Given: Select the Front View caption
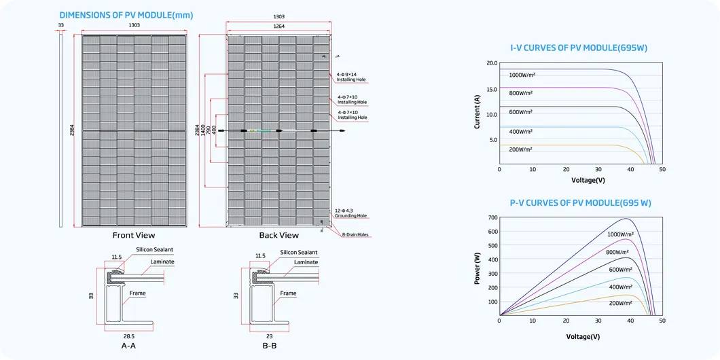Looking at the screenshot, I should pyautogui.click(x=134, y=236).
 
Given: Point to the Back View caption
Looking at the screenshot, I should pyautogui.click(x=278, y=236).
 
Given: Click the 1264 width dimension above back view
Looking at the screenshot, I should pyautogui.click(x=278, y=26).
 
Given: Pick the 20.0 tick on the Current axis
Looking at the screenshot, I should pyautogui.click(x=492, y=63).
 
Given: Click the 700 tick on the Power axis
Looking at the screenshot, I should pyautogui.click(x=492, y=217).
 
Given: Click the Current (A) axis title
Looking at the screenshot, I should pyautogui.click(x=477, y=109).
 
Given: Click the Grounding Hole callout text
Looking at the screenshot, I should pyautogui.click(x=350, y=216).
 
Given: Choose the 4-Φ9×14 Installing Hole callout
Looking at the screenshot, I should pyautogui.click(x=350, y=77).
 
